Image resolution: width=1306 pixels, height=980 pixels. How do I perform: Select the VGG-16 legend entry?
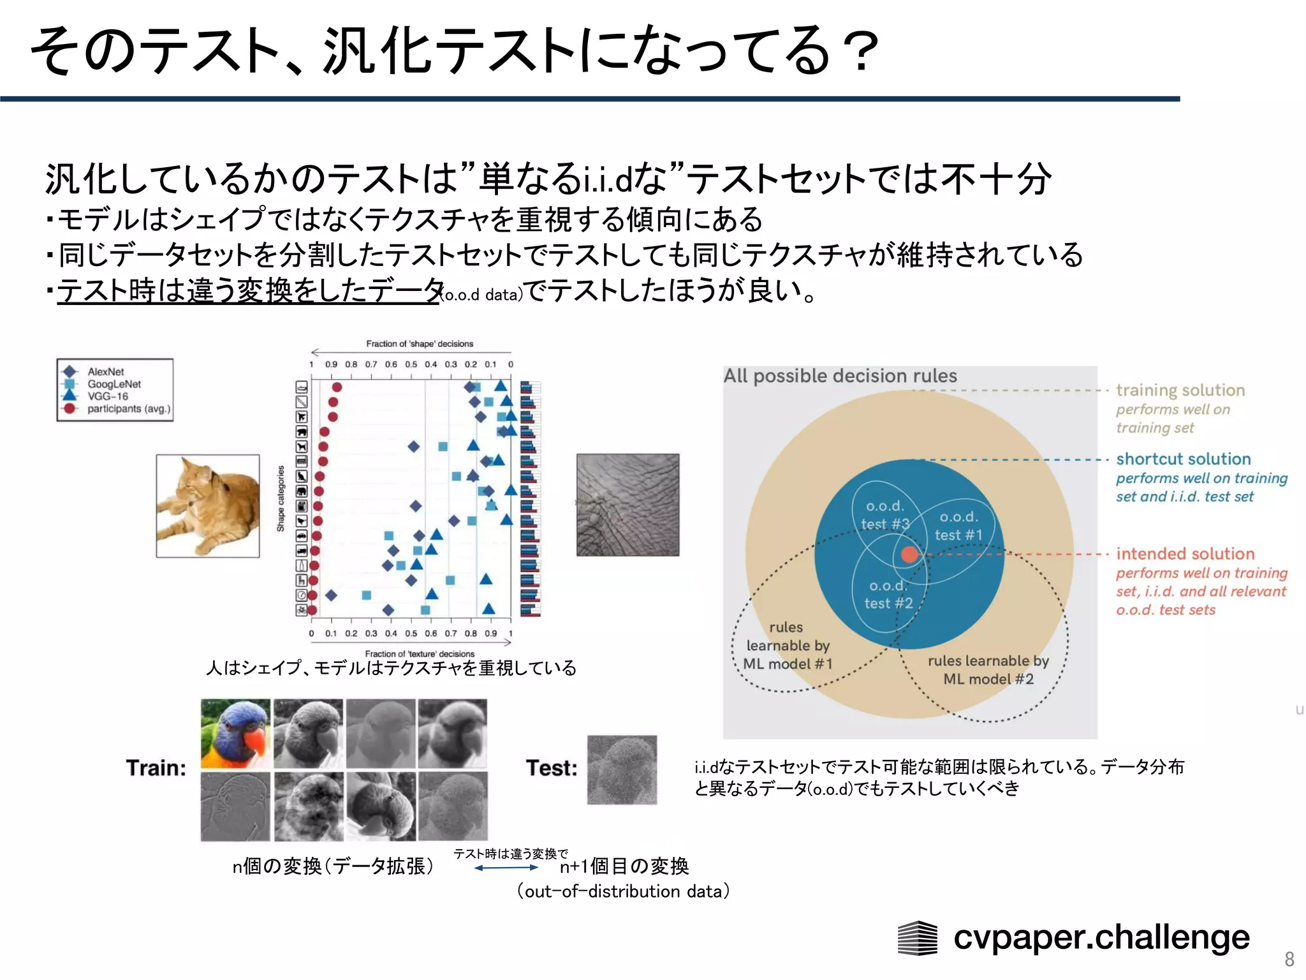[x=107, y=396]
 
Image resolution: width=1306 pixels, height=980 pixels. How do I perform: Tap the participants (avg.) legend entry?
[x=128, y=409]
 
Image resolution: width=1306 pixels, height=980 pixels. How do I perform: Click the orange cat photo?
[x=208, y=506]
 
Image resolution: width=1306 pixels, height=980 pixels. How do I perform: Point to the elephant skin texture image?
[x=627, y=505]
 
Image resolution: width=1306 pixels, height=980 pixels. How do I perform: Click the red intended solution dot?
[x=910, y=554]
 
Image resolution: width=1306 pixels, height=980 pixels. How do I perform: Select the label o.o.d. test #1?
[x=958, y=526]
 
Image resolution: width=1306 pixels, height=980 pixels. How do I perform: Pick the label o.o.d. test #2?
[x=888, y=594]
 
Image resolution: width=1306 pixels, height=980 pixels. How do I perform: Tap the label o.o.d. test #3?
[x=885, y=515]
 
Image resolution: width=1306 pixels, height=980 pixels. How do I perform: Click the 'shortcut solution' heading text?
[x=1183, y=459]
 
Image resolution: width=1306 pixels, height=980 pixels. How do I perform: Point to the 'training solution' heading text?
[x=1180, y=390]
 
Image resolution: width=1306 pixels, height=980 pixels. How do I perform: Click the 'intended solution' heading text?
[x=1185, y=553]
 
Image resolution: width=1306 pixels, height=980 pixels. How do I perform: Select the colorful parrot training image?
[x=235, y=733]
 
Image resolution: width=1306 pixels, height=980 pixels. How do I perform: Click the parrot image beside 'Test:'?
[x=622, y=769]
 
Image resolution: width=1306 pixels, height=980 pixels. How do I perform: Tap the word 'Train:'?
[x=156, y=768]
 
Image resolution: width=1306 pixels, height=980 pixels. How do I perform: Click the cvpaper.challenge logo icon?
[x=917, y=939]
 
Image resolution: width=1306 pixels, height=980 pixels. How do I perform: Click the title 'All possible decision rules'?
[x=840, y=376]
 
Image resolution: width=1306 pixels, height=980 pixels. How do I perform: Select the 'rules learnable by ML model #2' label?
[x=988, y=670]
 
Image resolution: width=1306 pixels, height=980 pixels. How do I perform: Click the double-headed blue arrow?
[x=506, y=868]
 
